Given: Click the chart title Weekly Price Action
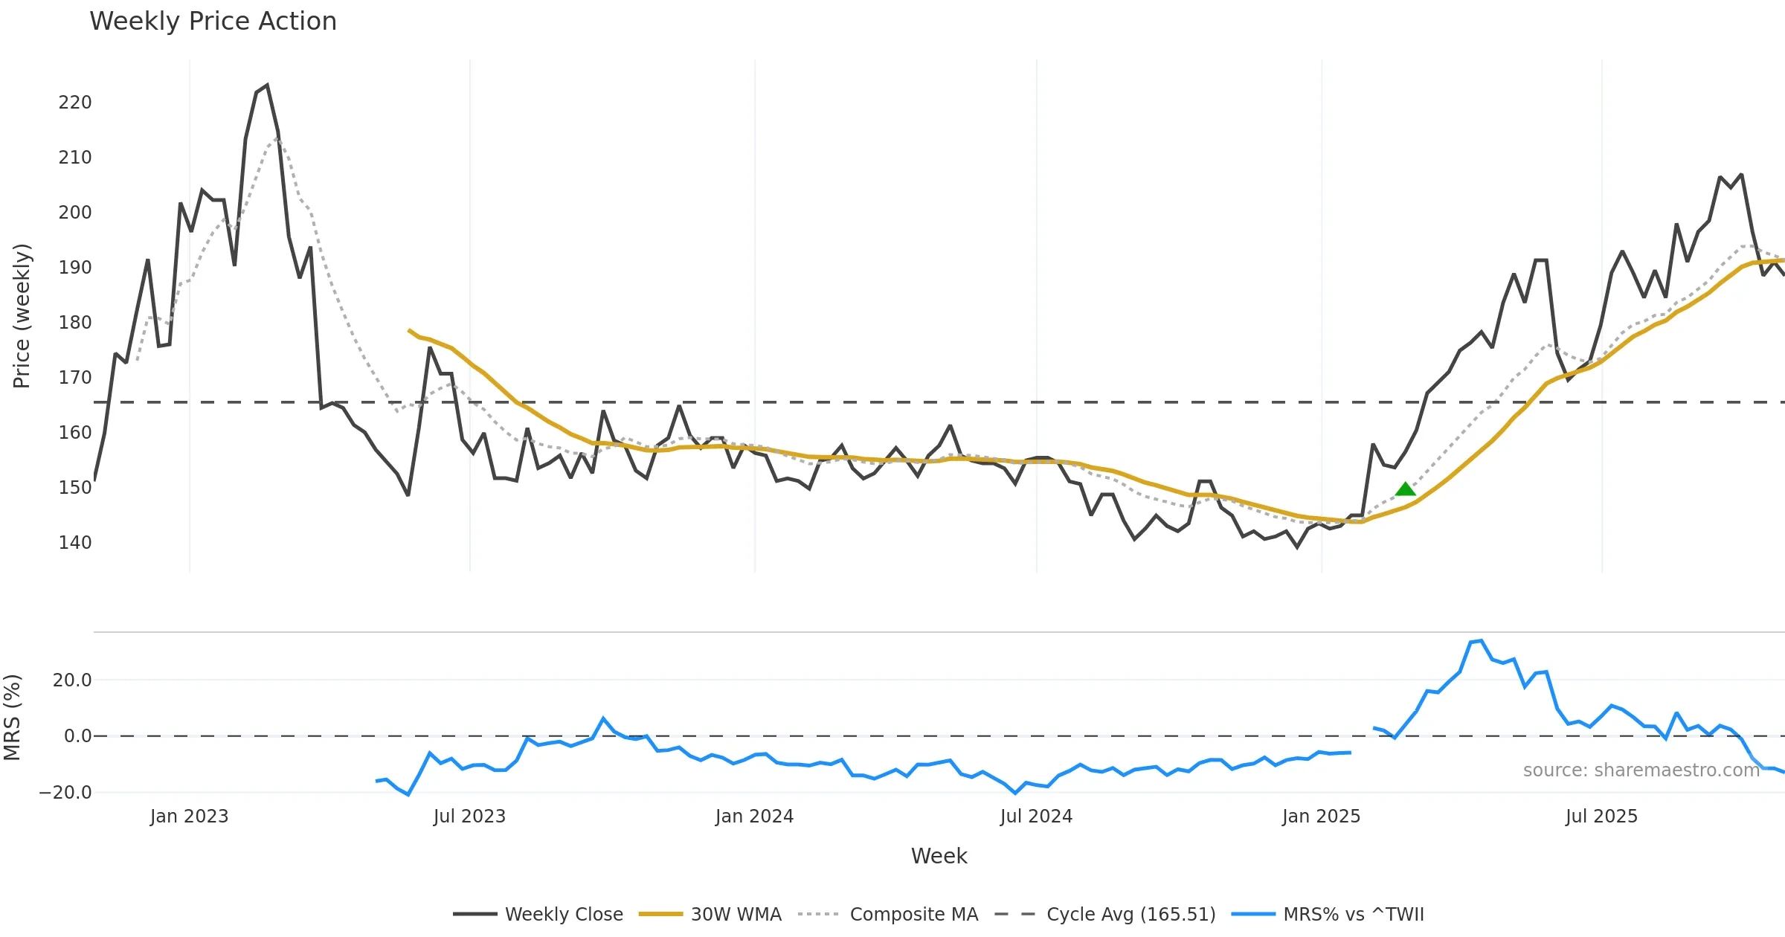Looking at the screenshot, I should (213, 22).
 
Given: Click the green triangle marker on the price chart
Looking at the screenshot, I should (1405, 489).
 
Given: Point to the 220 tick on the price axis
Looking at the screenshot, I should (75, 103).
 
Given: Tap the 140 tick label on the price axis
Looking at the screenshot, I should (75, 543).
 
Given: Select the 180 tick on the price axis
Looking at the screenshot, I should (75, 323).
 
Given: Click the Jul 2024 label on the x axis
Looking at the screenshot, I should (1036, 817).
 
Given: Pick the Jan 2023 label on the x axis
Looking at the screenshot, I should (189, 817).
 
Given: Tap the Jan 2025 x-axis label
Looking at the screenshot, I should (1321, 817).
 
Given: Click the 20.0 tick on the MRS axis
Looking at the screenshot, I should (72, 680).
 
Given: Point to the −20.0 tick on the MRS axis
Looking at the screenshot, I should (65, 793).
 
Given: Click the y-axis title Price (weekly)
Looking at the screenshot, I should (22, 316).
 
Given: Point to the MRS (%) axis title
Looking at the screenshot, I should (12, 718).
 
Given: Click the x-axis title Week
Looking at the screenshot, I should (939, 857).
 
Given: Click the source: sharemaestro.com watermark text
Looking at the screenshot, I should (1641, 770).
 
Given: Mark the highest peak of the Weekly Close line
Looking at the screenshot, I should (267, 86).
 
